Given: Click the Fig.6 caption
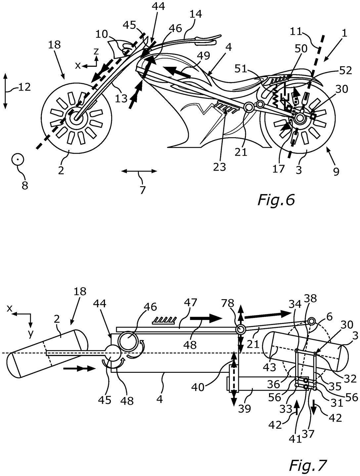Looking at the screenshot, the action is (x=276, y=200).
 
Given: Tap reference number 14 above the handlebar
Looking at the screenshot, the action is (x=196, y=14).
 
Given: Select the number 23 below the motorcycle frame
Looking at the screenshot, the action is (x=219, y=167).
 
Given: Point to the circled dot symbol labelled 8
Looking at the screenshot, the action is (x=18, y=160).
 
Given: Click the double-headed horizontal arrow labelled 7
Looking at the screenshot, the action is (x=139, y=171).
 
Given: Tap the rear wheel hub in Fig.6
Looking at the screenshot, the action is (x=300, y=118).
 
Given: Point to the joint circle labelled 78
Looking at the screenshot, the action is (x=240, y=330).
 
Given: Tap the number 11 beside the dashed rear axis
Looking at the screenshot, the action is (x=296, y=32).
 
